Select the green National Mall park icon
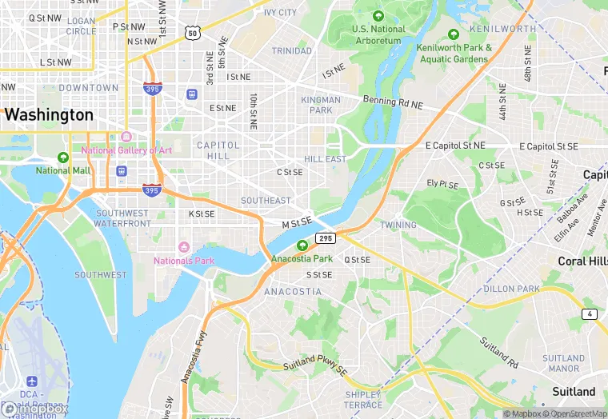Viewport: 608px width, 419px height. click(63, 158)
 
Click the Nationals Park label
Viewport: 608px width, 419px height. click(184, 261)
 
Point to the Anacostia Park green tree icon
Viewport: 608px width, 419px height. click(302, 246)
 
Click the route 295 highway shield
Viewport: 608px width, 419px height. click(325, 238)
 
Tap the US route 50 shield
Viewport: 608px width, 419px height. click(191, 32)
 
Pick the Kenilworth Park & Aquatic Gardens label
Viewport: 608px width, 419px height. click(454, 53)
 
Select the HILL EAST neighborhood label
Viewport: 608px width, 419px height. click(326, 159)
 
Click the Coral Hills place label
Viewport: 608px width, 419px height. click(582, 261)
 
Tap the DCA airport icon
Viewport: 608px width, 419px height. click(32, 382)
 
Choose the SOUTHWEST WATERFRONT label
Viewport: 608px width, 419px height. click(122, 218)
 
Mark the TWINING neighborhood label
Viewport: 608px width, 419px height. click(398, 225)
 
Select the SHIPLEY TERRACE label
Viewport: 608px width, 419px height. click(363, 400)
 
